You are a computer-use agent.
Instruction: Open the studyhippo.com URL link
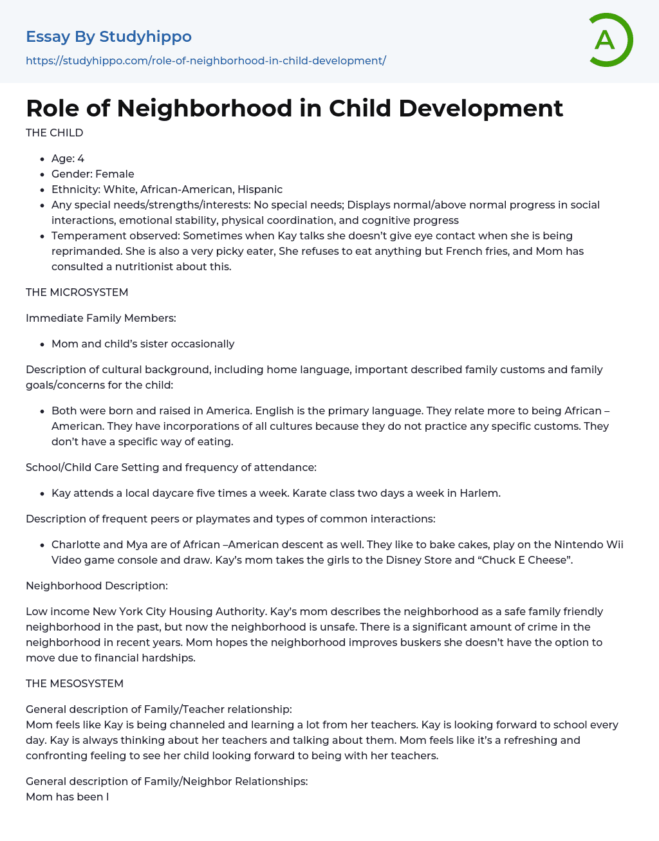click(x=205, y=60)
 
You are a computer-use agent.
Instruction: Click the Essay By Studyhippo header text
click(x=109, y=37)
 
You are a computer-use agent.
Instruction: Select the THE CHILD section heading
click(x=54, y=133)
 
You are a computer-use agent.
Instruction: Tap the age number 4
click(x=81, y=158)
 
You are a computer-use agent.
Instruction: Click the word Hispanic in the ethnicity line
click(x=260, y=189)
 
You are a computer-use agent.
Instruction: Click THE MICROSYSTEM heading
click(x=77, y=292)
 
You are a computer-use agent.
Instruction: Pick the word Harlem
click(x=479, y=493)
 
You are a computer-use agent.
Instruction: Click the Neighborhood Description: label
click(x=97, y=586)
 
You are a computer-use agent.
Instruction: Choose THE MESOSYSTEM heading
click(x=74, y=683)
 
